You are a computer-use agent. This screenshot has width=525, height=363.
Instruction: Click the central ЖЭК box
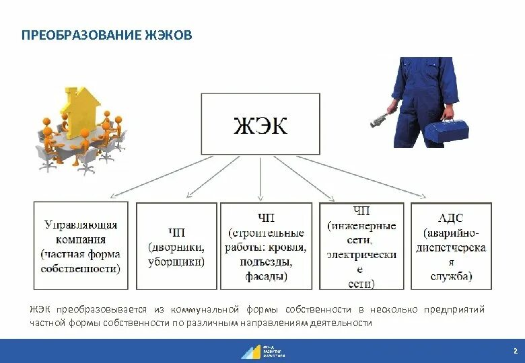coord(260,124)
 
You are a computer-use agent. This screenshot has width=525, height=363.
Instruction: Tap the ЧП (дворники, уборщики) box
coord(176,246)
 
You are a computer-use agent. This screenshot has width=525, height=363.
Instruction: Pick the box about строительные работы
coord(267,246)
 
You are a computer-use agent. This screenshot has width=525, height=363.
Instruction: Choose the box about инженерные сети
coord(361,246)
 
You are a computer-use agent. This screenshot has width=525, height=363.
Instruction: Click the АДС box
coord(452,246)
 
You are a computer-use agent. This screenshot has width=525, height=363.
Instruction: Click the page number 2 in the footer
coord(515,351)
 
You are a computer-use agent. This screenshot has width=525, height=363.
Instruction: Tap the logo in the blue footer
coord(262,351)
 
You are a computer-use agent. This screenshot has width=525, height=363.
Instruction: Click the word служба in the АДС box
coord(452,276)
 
